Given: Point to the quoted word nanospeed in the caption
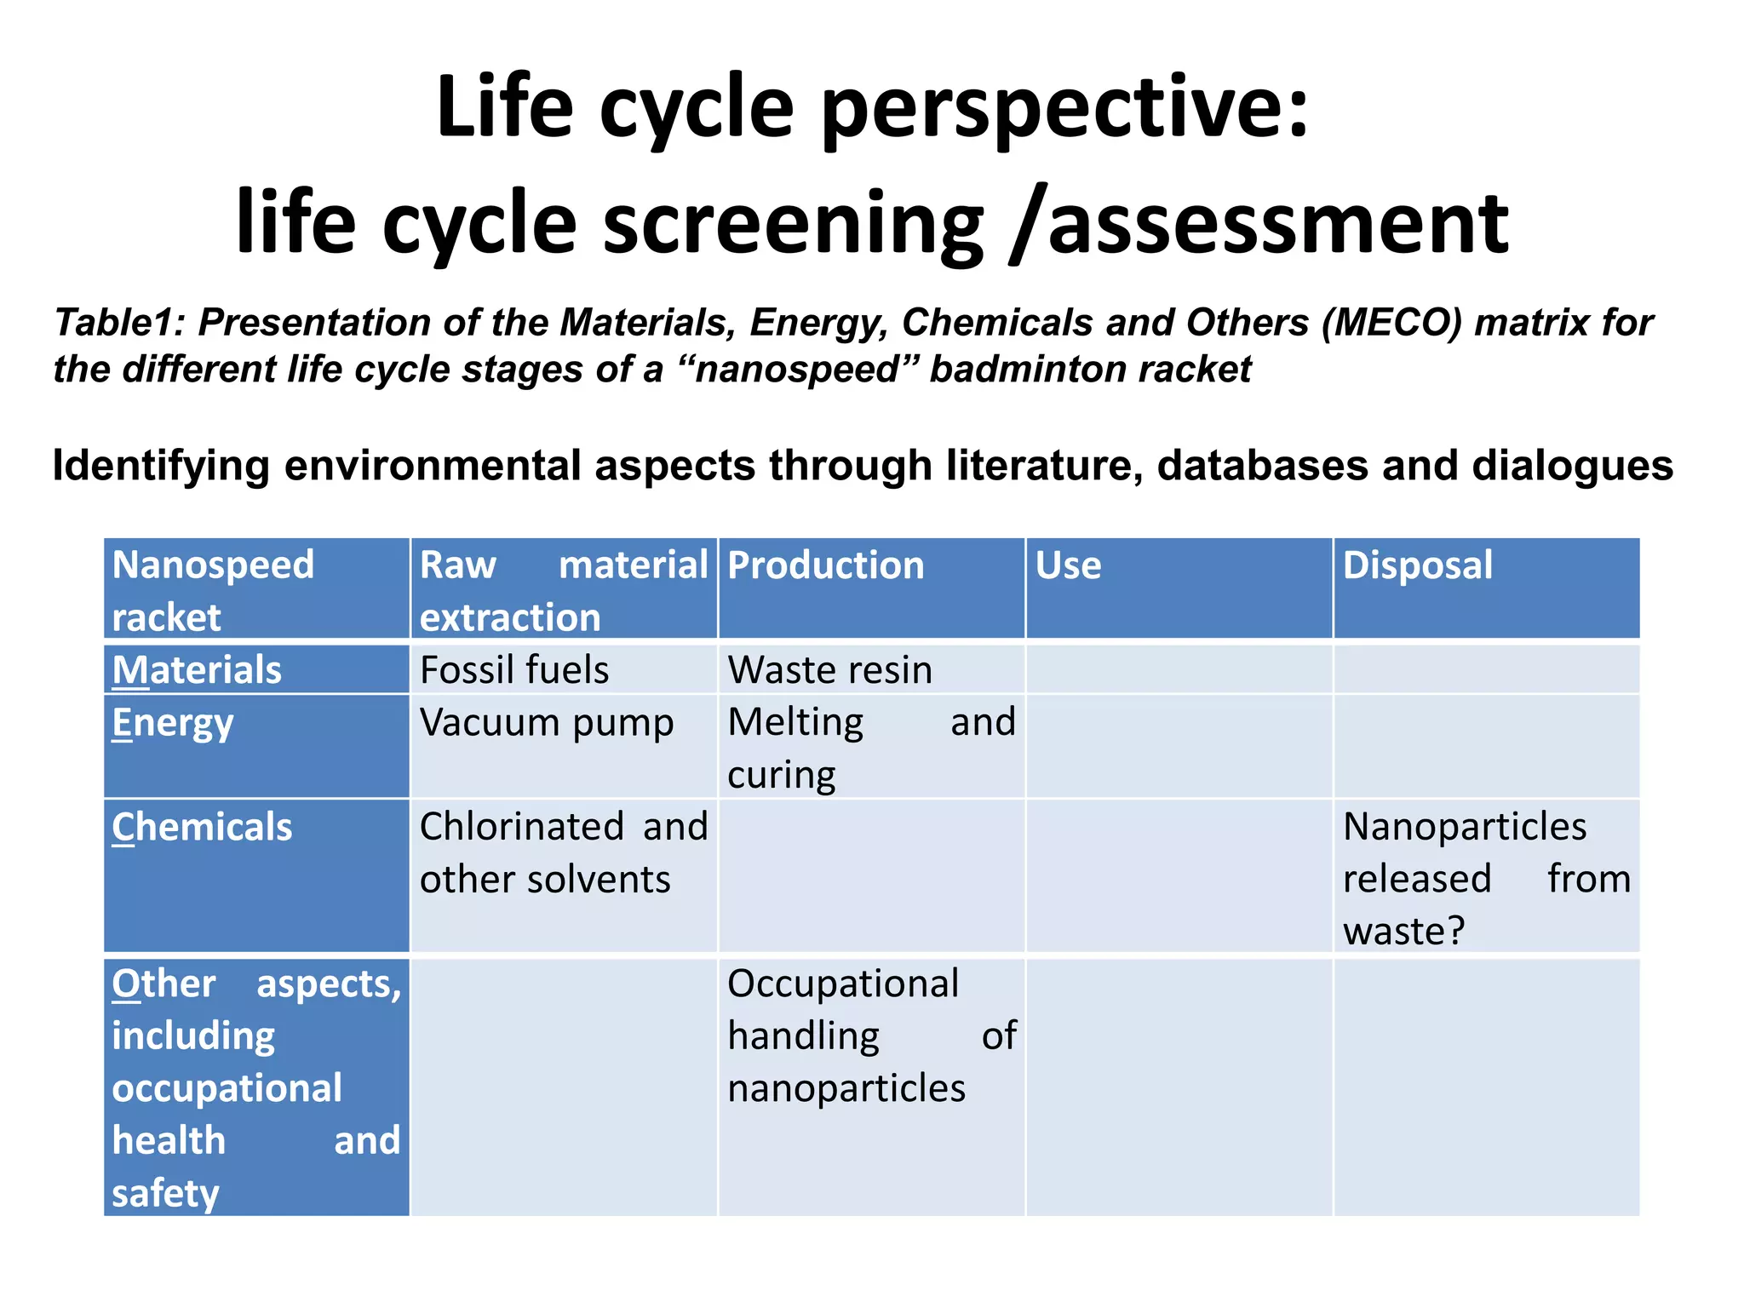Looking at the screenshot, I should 798,370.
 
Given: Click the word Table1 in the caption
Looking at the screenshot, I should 119,323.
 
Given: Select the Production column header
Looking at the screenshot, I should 825,565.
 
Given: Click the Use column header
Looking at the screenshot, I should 1068,565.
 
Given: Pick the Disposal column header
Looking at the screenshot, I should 1417,565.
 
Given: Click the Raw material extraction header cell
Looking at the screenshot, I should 563,590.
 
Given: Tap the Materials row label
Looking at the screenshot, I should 197,670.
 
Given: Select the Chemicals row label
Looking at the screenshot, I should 202,828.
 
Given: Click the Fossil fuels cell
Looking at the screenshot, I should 514,670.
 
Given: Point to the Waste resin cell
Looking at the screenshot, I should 829,670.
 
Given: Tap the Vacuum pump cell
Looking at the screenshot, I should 547,723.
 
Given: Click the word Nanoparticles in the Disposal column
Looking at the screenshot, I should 1464,827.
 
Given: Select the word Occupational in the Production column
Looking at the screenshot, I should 843,984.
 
